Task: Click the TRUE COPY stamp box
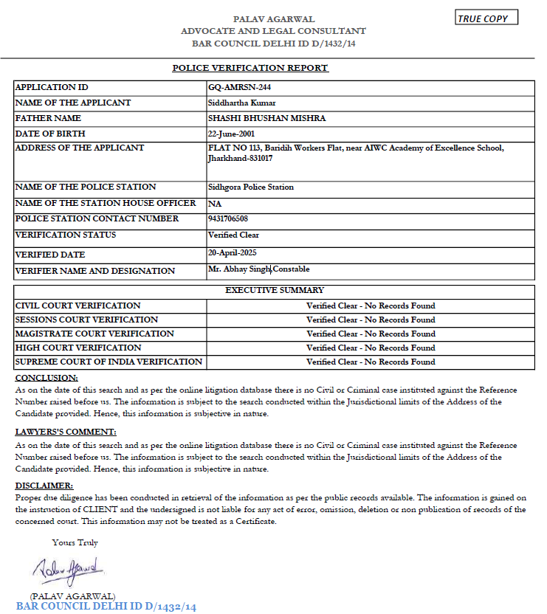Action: pyautogui.click(x=486, y=18)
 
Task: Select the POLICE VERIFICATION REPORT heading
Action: pyautogui.click(x=250, y=68)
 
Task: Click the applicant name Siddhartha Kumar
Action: pyautogui.click(x=242, y=103)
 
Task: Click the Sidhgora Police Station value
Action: pyautogui.click(x=251, y=187)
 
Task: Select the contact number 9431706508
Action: pyautogui.click(x=229, y=219)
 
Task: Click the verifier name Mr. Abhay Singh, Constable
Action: pyautogui.click(x=259, y=269)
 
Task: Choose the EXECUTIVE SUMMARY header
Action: pyautogui.click(x=275, y=291)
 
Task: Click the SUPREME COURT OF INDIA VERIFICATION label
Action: pyautogui.click(x=109, y=362)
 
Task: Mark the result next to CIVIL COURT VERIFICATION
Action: pyautogui.click(x=371, y=306)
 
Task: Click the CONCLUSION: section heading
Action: pyautogui.click(x=41, y=378)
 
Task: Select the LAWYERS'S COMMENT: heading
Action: pyautogui.click(x=66, y=432)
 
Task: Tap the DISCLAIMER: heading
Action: pyautogui.click(x=44, y=486)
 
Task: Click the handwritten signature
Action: pyautogui.click(x=69, y=570)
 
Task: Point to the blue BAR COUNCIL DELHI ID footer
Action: pyautogui.click(x=106, y=607)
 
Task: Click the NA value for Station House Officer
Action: pyautogui.click(x=215, y=204)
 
